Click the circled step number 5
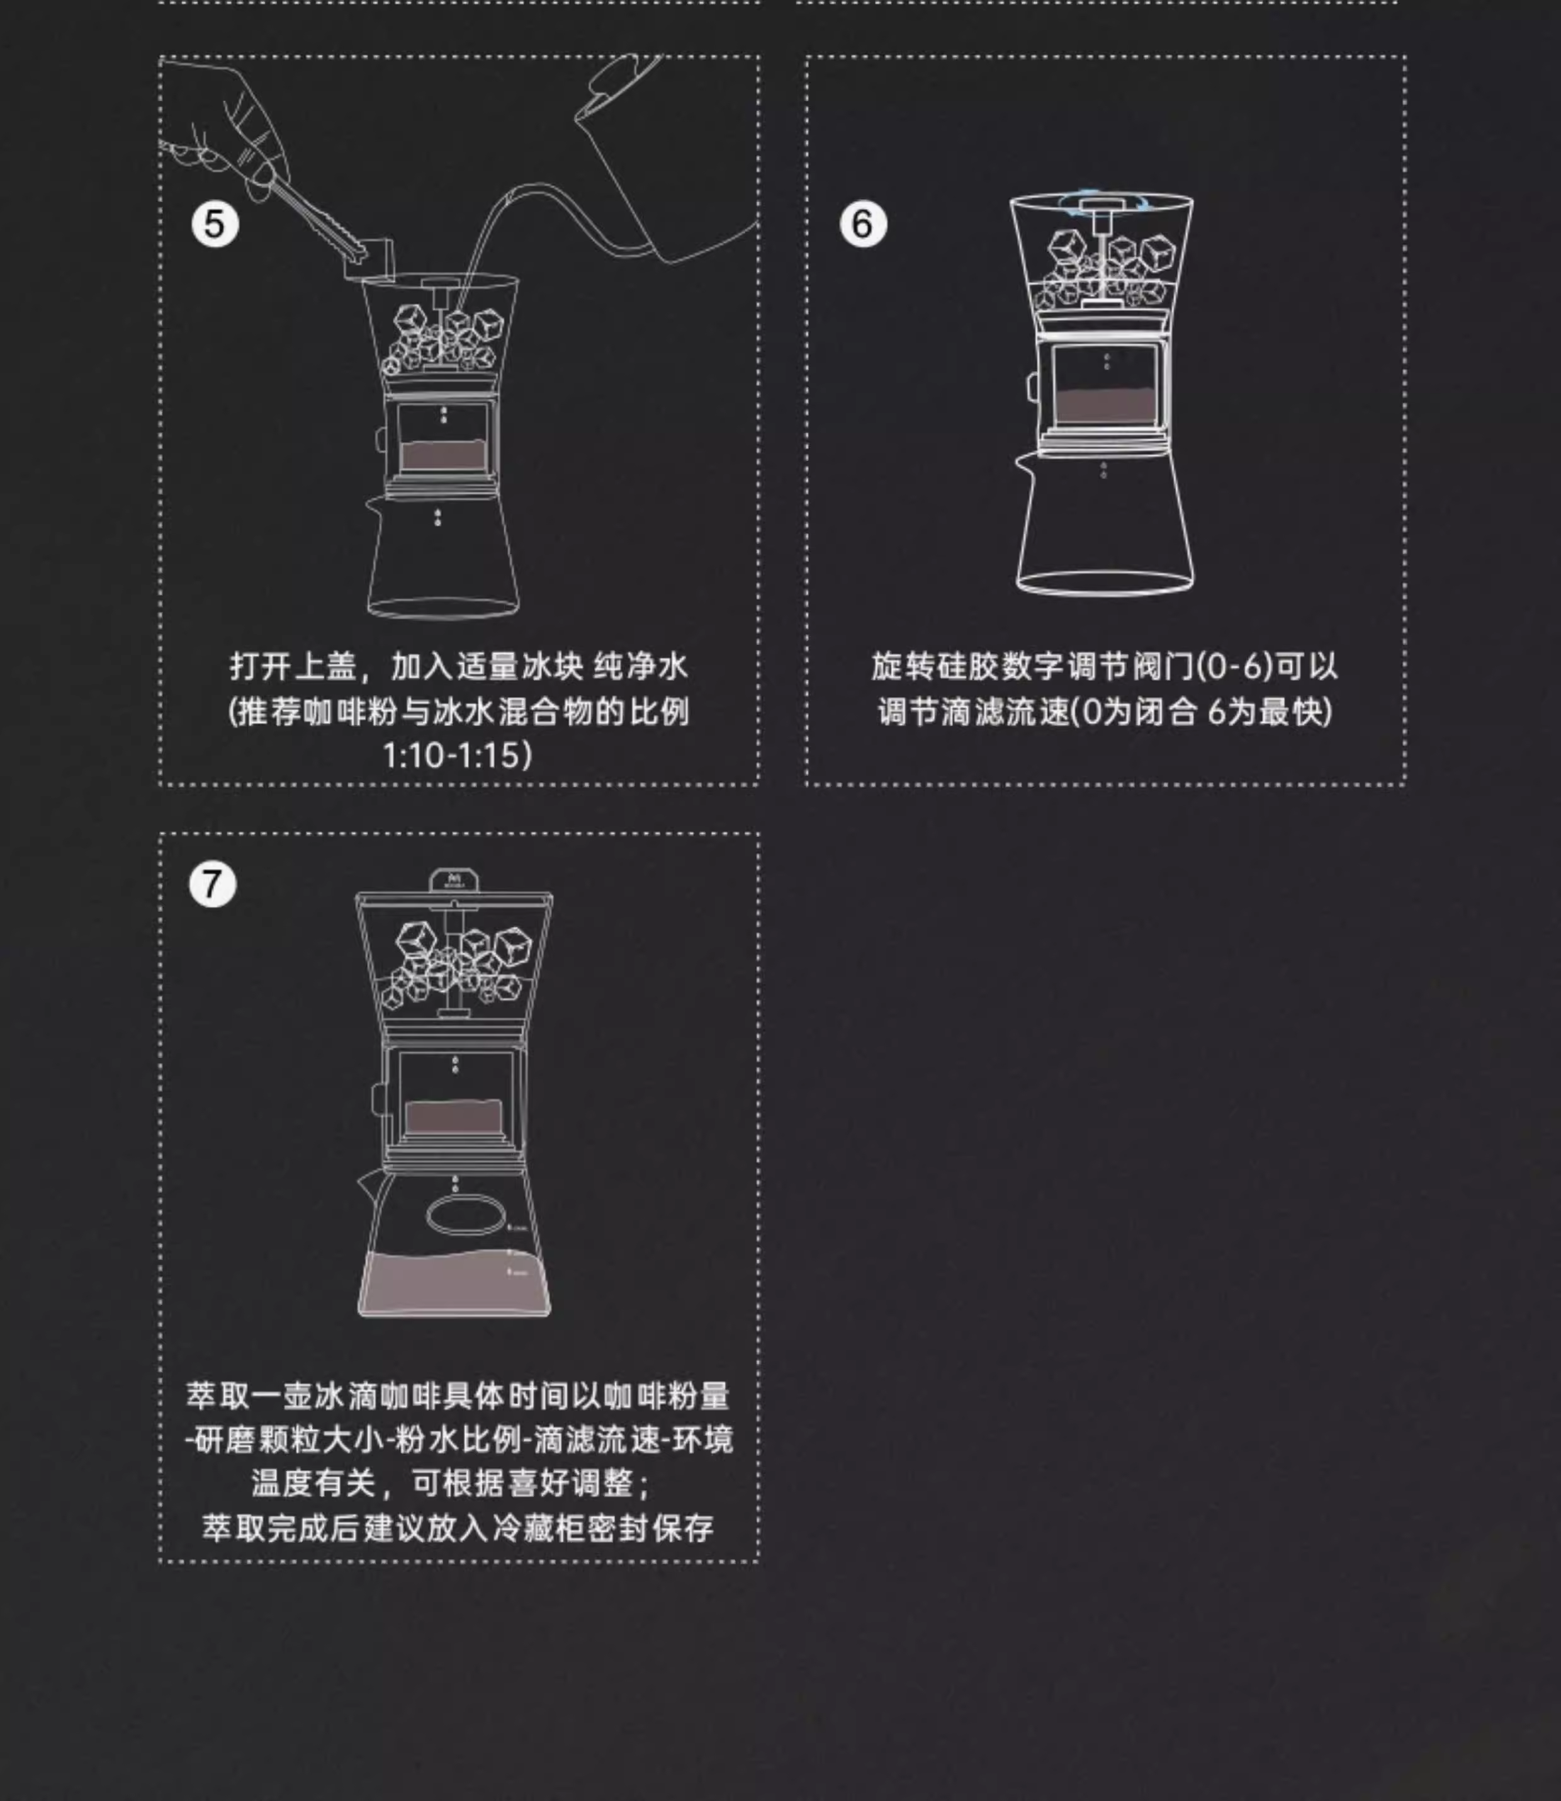[x=214, y=224]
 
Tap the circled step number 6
[x=862, y=224]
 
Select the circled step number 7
[x=213, y=884]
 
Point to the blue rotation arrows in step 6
[x=1101, y=200]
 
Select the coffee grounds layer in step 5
[x=442, y=455]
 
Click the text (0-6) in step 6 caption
[x=1235, y=666]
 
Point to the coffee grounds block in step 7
[x=454, y=1116]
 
